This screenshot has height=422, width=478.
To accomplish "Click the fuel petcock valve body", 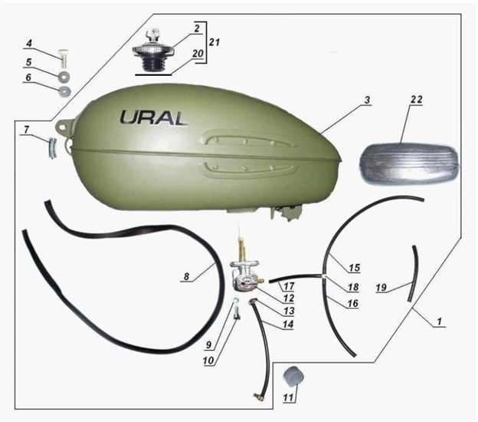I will [246, 275].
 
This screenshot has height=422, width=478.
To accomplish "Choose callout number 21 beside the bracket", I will [215, 42].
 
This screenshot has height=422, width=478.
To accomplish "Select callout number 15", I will [354, 268].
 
